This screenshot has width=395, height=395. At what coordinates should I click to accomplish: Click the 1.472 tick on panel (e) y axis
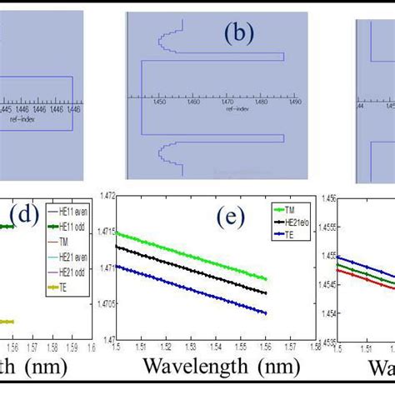point(106,194)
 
